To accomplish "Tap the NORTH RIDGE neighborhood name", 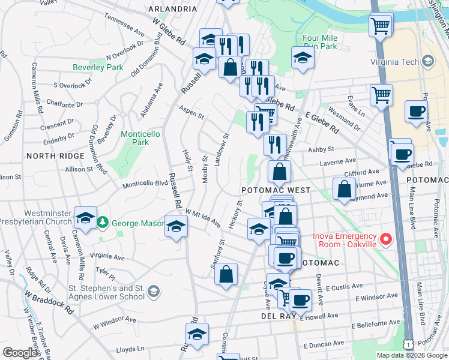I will coord(55,156).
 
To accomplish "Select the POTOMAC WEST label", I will coord(276,190).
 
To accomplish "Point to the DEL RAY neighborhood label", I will coord(276,316).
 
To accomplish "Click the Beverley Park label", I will coord(98,68).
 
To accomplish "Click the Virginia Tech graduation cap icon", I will coord(427,61).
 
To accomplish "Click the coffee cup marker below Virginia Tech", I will coord(417,112).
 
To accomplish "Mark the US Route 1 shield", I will coord(409,345).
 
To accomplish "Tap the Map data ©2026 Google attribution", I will coord(411,355).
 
